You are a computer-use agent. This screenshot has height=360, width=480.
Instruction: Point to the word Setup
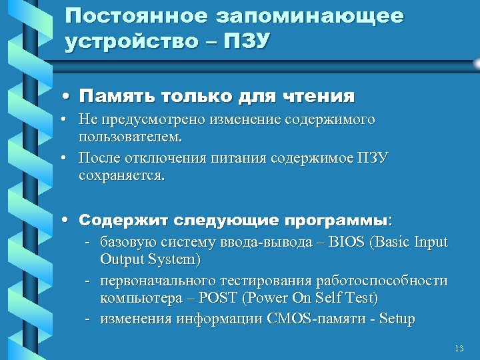(396, 319)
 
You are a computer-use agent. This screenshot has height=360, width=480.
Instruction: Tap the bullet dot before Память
(69, 97)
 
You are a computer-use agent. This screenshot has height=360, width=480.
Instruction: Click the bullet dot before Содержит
(69, 220)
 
